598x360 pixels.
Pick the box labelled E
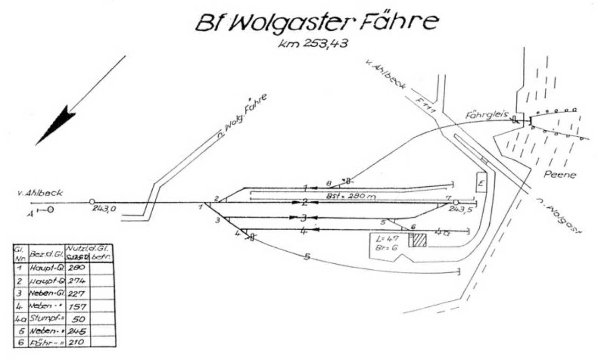point(481,182)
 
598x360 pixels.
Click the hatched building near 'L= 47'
point(417,240)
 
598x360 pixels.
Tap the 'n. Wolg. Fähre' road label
point(242,117)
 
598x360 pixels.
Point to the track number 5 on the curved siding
point(307,256)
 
